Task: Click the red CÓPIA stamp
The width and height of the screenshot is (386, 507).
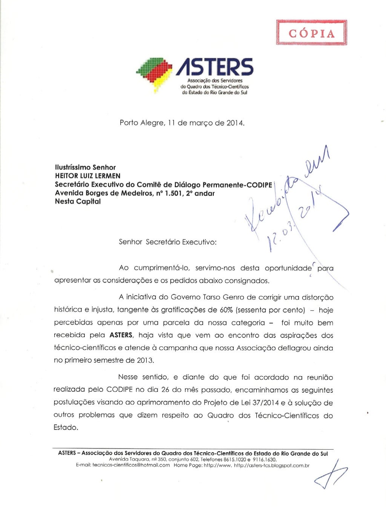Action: click(311, 33)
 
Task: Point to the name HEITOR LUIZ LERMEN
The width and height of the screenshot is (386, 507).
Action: click(88, 176)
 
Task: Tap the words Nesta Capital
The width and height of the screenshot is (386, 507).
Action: click(78, 201)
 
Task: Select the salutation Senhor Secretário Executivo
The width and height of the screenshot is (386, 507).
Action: click(168, 242)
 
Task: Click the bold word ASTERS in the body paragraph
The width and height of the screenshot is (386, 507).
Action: click(121, 335)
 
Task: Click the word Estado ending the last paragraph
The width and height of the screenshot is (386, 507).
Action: click(66, 428)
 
